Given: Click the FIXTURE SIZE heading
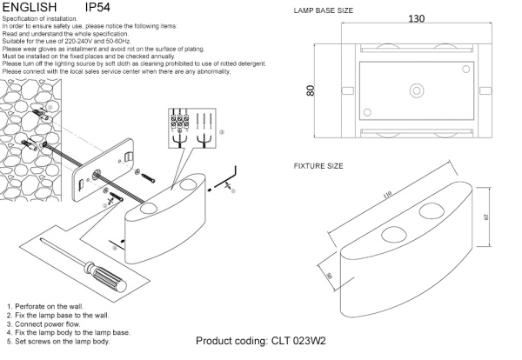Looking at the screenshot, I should tap(318, 165).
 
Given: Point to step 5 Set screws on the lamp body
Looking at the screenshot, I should tap(57, 342).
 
